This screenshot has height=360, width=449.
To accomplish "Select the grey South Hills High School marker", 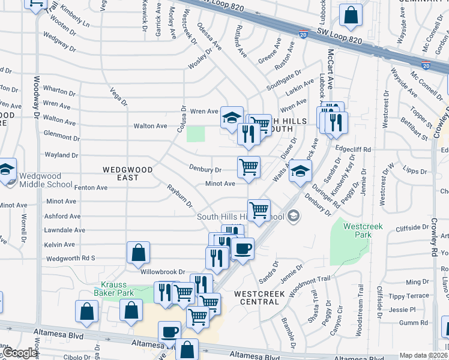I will coord(294,216).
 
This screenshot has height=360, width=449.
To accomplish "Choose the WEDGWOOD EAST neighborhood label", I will coord(128,173).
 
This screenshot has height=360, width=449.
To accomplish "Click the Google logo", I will coord(20,353).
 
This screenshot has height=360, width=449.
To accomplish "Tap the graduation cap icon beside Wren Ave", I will coord(231,118).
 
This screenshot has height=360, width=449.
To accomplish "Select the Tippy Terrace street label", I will coord(408,296).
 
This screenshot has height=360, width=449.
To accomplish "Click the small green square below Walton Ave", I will coord(195,134).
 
